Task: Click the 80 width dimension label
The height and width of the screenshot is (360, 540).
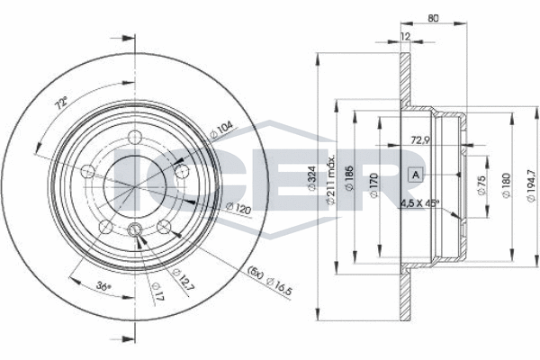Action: pos(433,18)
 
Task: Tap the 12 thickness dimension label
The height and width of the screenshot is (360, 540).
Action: pos(406,36)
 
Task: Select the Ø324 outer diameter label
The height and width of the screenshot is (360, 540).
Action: pos(311,178)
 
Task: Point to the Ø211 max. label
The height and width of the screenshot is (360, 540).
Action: pos(330,179)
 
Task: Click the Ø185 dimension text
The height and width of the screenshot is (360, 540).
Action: pos(349,178)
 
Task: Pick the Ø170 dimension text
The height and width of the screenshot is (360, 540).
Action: pos(374,185)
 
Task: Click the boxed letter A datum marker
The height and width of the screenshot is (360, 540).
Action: pos(416,175)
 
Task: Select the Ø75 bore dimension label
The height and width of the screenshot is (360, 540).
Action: pos(481,186)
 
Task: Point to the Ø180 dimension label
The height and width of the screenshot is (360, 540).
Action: pos(506,185)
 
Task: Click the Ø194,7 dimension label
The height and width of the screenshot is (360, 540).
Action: pos(531,185)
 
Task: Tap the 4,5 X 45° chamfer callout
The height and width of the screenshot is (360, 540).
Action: pos(419,202)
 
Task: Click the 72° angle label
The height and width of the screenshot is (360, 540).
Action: pos(62,103)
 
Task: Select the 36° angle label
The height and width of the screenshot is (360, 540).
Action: pos(103,285)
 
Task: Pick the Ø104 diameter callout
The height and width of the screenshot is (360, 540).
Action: pos(221,130)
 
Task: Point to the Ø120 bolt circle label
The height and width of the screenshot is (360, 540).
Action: pos(238,208)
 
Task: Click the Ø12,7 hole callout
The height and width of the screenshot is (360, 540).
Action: pos(182,279)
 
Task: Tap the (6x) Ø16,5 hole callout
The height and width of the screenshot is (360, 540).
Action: pos(270,279)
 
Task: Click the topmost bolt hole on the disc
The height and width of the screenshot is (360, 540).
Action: pos(135,138)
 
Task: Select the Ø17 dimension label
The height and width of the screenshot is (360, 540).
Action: pos(157,292)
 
